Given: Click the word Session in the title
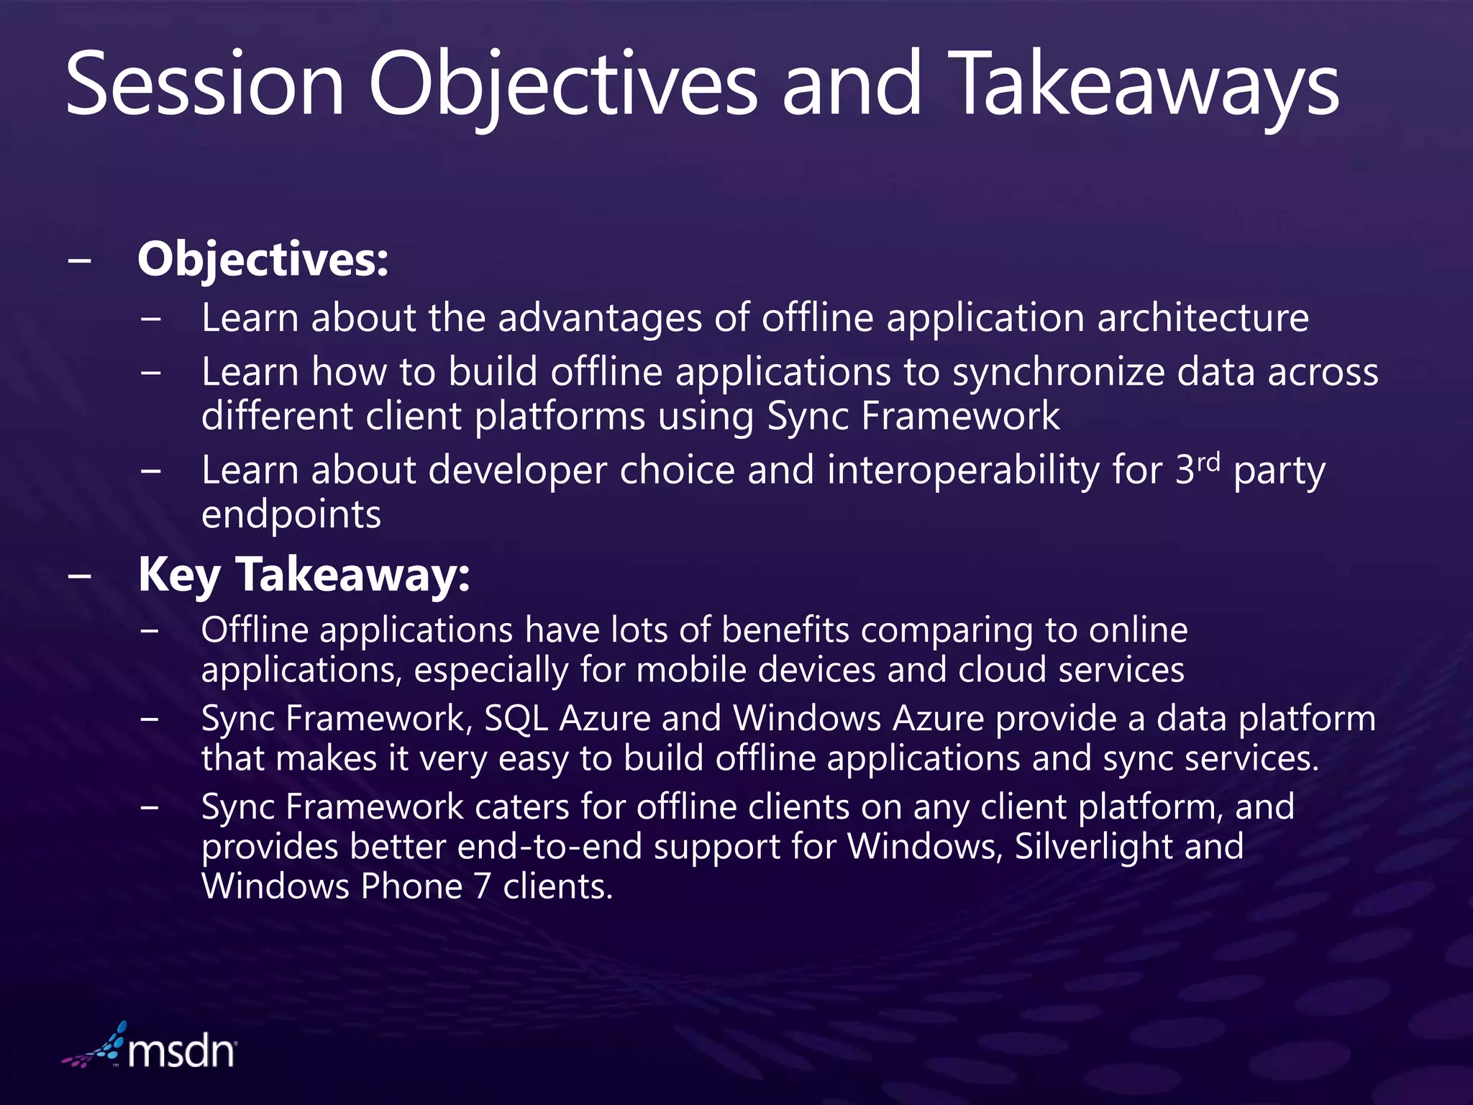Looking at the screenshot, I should (205, 85).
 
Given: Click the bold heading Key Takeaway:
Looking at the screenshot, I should (304, 576).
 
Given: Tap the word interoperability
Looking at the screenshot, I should (964, 470).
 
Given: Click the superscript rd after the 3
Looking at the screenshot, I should (1209, 461).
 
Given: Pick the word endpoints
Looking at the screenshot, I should (291, 515).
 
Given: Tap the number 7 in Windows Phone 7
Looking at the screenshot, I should (483, 886).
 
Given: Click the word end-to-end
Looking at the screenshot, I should (549, 846).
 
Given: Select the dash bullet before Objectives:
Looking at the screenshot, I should (80, 260).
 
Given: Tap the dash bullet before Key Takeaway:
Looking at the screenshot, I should (80, 576).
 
